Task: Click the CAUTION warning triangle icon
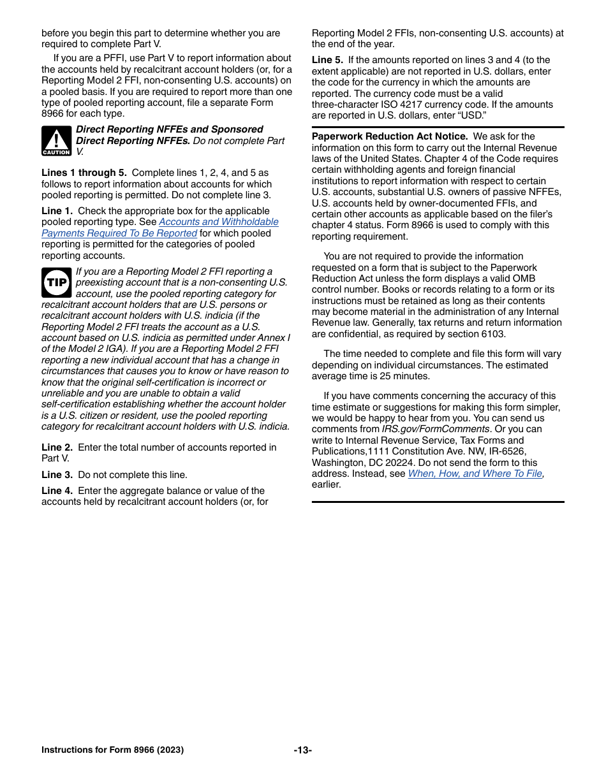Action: pyautogui.click(x=56, y=141)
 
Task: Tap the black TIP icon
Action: pyautogui.click(x=56, y=282)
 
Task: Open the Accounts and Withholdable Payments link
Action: pyautogui.click(x=218, y=222)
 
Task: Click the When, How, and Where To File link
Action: pyautogui.click(x=475, y=474)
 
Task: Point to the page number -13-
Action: pyautogui.click(x=302, y=750)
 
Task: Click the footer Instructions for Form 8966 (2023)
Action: pyautogui.click(x=112, y=750)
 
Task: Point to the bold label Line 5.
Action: pyautogui.click(x=327, y=60)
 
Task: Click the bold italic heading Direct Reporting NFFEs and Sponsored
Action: pyautogui.click(x=169, y=129)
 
